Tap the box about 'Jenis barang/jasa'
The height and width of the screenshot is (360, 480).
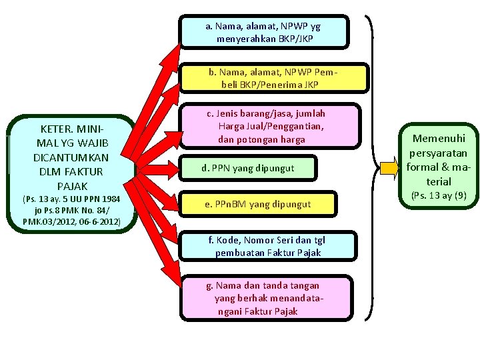point(269,127)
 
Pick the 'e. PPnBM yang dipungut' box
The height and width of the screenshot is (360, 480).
point(256,203)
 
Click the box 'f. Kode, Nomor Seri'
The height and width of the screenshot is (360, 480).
point(267,246)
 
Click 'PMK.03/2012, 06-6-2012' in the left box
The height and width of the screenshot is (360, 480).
point(71,221)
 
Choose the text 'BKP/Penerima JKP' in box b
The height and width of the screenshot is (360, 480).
point(270,85)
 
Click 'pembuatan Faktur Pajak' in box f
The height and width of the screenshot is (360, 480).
point(268,253)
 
